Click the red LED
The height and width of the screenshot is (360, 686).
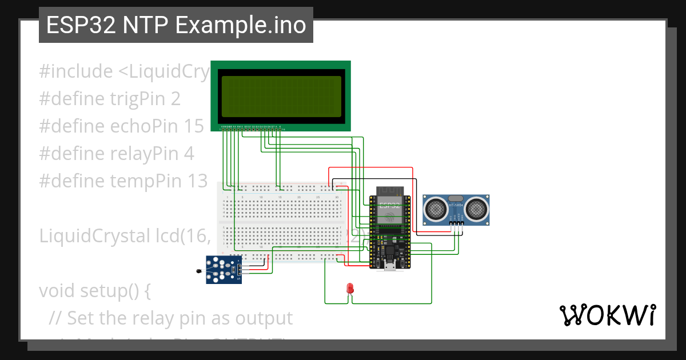tap(350, 289)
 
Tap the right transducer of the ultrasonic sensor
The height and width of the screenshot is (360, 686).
tap(476, 210)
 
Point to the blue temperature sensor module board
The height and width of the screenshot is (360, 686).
tap(224, 269)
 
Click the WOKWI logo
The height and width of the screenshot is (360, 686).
tap(607, 314)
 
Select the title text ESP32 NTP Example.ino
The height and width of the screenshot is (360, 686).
tap(176, 25)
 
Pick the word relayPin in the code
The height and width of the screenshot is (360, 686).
tap(143, 154)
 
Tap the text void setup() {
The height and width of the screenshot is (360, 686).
tap(95, 290)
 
